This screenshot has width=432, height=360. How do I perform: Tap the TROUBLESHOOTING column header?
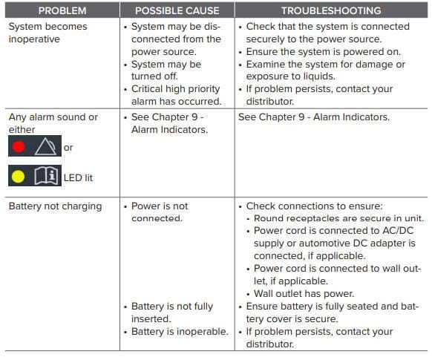pos(331,10)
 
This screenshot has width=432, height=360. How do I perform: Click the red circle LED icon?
pos(19,147)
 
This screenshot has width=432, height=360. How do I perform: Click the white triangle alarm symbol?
pos(45,147)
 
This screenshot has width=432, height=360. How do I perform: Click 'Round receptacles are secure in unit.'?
pos(338,217)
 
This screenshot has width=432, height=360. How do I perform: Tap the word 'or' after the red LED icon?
pos(68,148)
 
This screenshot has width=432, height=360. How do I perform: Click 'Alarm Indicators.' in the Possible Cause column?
pos(168,129)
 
